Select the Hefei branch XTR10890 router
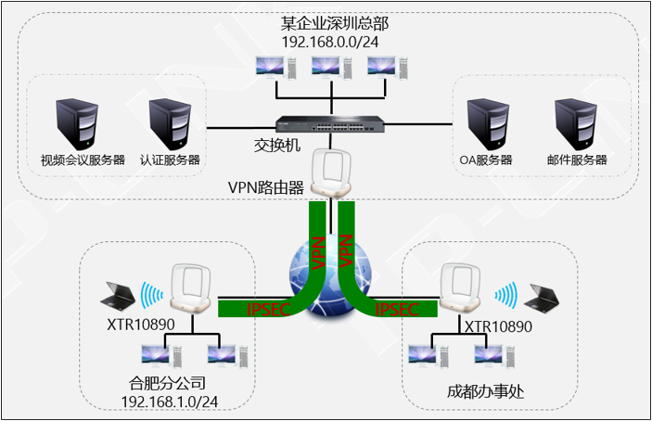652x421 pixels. [192, 288]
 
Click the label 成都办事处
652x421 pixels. [485, 391]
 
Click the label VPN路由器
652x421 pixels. [266, 186]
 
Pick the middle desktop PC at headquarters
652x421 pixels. [330, 68]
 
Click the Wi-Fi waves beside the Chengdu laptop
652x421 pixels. [505, 295]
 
